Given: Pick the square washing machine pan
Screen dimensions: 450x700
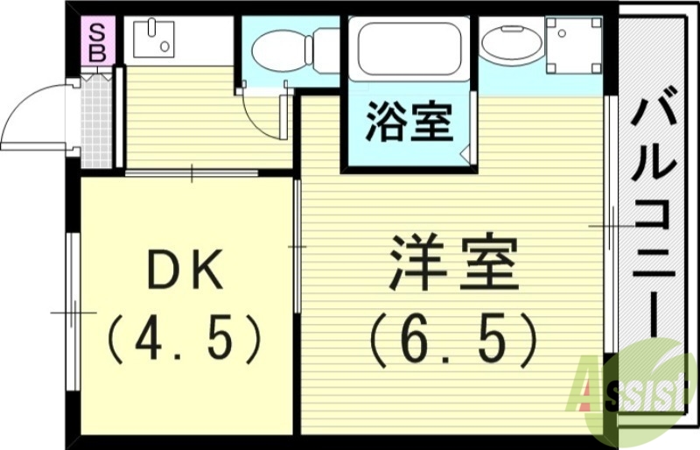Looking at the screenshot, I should coord(572,44).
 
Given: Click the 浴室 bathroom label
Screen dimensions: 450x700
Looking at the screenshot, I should coord(409,123).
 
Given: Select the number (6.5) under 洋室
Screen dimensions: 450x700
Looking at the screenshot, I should coord(451,337).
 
